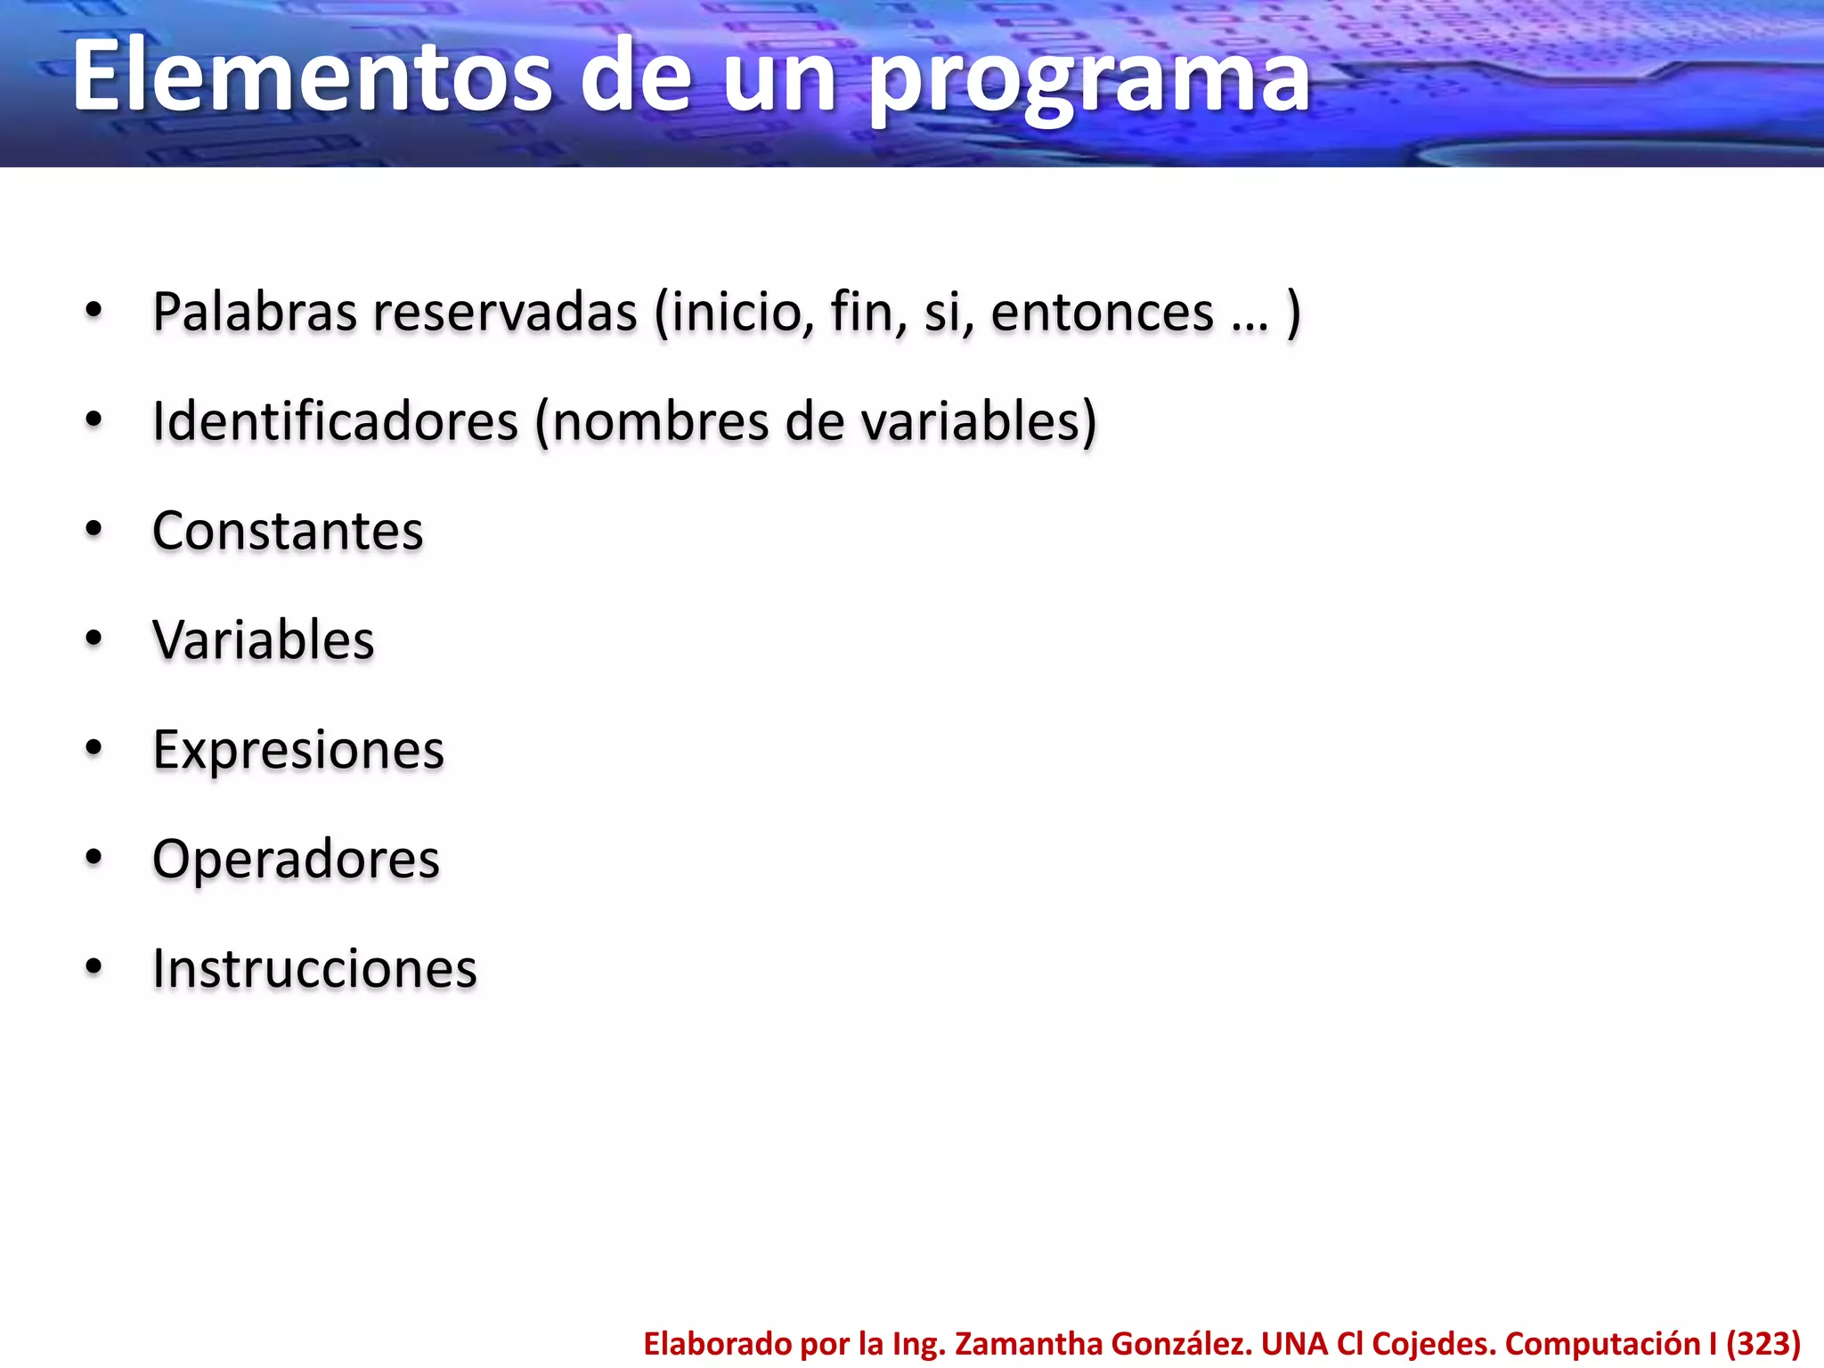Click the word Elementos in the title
click(x=312, y=78)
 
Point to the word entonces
click(x=1102, y=313)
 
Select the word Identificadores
click(x=335, y=421)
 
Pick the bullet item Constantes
click(x=288, y=531)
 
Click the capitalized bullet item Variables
click(x=264, y=640)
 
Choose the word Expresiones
click(x=298, y=750)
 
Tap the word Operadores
click(x=296, y=859)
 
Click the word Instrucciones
click(x=314, y=969)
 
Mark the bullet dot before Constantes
click(x=94, y=531)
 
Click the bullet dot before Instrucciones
click(x=94, y=968)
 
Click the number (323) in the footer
click(x=1763, y=1344)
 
